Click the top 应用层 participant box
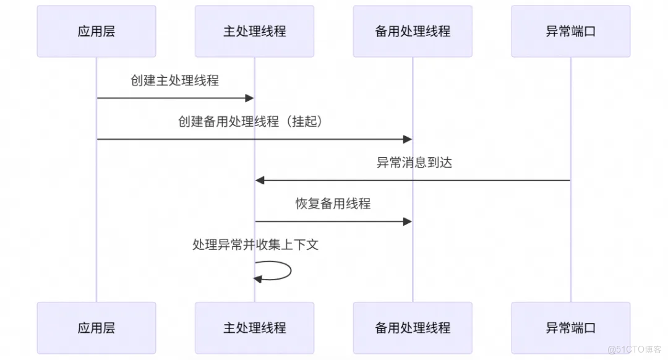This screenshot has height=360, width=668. pyautogui.click(x=96, y=32)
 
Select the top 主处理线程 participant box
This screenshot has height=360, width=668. pyautogui.click(x=254, y=32)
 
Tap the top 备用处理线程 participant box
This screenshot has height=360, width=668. pyautogui.click(x=413, y=32)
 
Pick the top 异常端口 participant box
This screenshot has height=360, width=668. pyautogui.click(x=570, y=32)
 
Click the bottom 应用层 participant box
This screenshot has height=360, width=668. pyautogui.click(x=96, y=328)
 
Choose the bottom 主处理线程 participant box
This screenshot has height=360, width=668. pyautogui.click(x=254, y=328)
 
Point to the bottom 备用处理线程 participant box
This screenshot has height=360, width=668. pyautogui.click(x=413, y=328)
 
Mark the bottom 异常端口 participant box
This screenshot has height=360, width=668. pyautogui.click(x=570, y=328)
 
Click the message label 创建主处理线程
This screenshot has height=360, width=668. pyautogui.click(x=174, y=80)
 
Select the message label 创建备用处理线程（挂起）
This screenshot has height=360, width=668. pyautogui.click(x=250, y=122)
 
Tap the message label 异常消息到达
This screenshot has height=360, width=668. pyautogui.click(x=414, y=163)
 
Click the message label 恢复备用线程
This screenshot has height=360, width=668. pyautogui.click(x=333, y=204)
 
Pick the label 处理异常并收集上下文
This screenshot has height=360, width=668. pyautogui.click(x=255, y=245)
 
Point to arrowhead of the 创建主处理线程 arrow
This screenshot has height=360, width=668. pyautogui.click(x=250, y=98)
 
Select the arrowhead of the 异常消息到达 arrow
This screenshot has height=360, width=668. pyautogui.click(x=260, y=180)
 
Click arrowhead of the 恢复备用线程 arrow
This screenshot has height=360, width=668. pyautogui.click(x=408, y=221)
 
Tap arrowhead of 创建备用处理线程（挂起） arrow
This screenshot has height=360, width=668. pyautogui.click(x=408, y=139)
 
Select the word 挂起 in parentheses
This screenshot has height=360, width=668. pyautogui.click(x=307, y=122)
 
